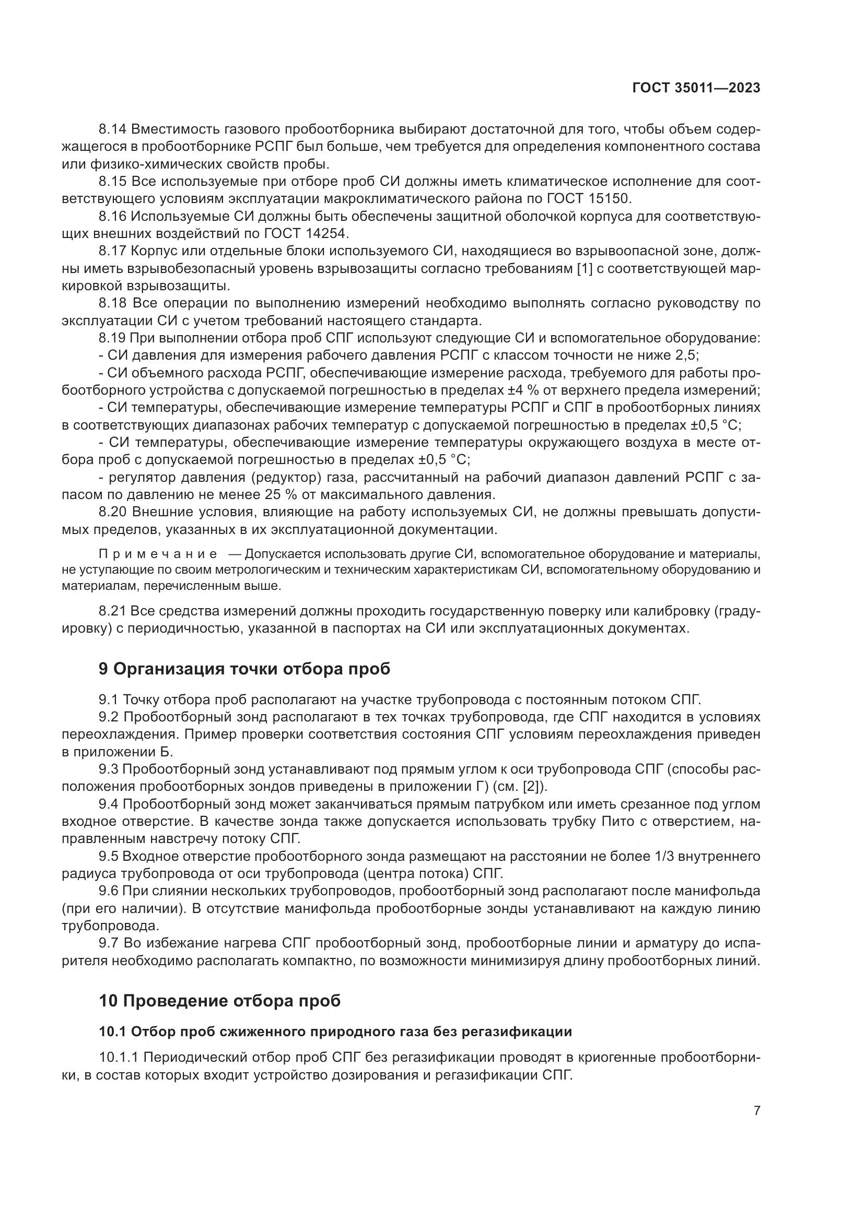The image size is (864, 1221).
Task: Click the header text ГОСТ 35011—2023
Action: point(696,88)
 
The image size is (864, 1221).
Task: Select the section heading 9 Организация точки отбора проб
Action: point(244,669)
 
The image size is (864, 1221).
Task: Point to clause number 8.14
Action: point(112,129)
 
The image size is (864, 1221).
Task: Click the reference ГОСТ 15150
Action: point(588,199)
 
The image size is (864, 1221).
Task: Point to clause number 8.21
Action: point(112,611)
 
